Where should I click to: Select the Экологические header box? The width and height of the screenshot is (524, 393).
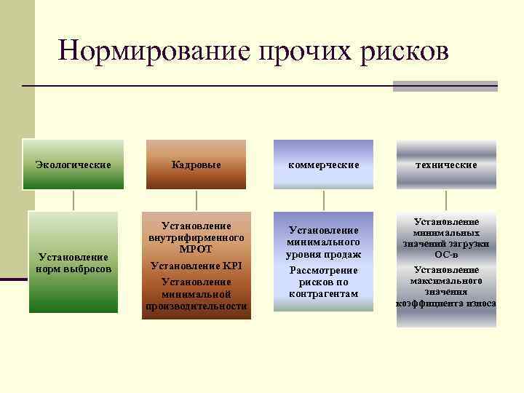coord(74,165)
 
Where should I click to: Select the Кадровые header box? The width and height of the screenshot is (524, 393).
coord(196,165)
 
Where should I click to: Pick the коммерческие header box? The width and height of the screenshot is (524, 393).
coord(324,165)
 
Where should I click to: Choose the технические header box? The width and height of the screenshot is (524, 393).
coord(446,165)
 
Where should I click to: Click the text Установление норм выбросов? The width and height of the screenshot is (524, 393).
coord(74,263)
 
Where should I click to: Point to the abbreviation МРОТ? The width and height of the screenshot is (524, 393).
coord(196,249)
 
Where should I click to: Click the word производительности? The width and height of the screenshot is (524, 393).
coord(196,306)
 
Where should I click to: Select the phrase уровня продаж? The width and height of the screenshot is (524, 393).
coord(324,254)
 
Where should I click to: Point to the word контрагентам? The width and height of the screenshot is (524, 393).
coord(324,293)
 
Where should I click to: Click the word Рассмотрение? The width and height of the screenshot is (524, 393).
coord(324,271)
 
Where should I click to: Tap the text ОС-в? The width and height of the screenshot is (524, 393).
coord(446,254)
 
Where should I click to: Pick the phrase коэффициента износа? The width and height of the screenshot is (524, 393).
coord(446,303)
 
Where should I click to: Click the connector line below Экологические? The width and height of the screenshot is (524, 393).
coord(74,200)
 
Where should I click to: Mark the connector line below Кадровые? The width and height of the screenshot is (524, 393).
coord(196,200)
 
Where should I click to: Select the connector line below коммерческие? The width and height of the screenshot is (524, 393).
coord(324,200)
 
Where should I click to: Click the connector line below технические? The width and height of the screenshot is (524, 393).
coord(446,200)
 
